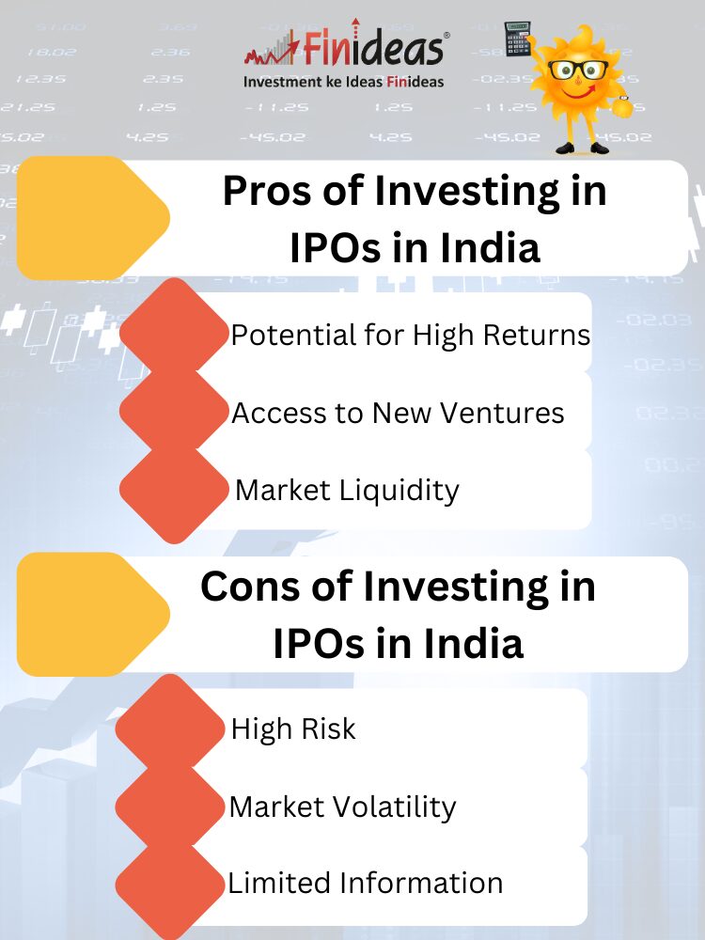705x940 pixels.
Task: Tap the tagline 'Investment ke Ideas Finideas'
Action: point(343,82)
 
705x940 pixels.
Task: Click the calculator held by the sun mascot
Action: point(518,38)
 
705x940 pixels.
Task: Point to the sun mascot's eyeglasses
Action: point(578,70)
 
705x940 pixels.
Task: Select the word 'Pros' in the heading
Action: point(269,191)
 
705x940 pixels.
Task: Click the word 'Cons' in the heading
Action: point(250,587)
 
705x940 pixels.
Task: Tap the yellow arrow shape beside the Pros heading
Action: point(93,218)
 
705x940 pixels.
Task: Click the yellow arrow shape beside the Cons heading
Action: point(93,614)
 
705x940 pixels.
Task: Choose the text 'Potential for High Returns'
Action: point(411,335)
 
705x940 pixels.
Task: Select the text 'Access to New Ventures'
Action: point(398,413)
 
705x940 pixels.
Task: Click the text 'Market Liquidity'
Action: point(347,491)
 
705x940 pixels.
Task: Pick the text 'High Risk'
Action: point(293,729)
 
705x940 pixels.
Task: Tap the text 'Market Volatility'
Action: point(342,807)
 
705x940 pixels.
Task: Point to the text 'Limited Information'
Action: point(365,883)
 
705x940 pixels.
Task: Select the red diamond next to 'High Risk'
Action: point(170,728)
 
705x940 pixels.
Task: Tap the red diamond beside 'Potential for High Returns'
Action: point(175,333)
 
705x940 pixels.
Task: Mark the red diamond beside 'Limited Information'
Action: point(170,885)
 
